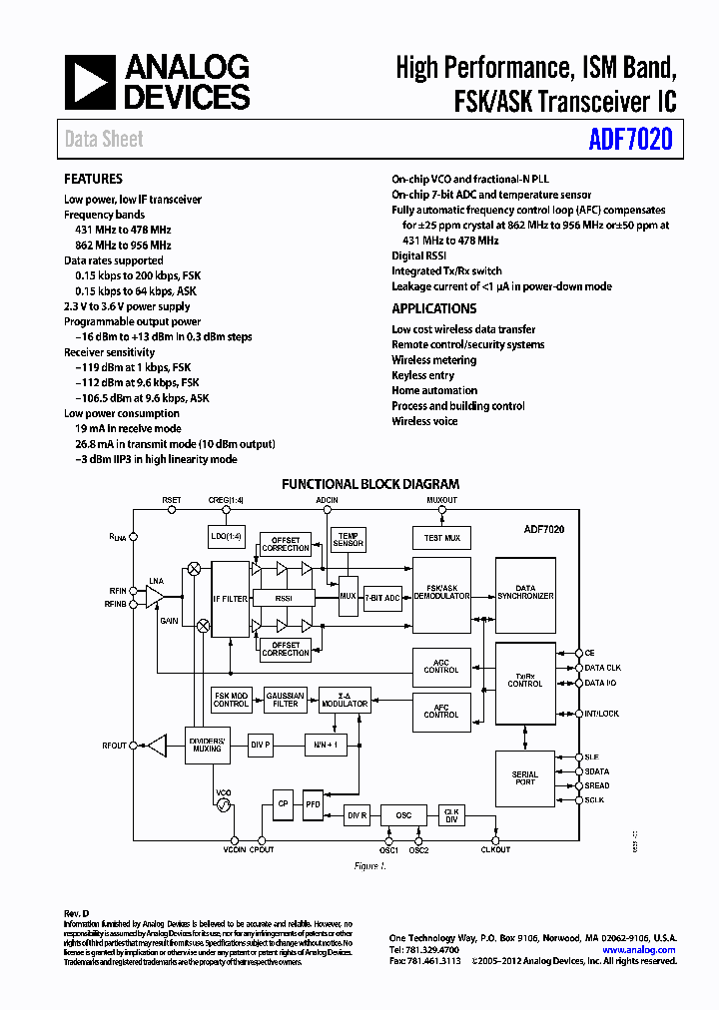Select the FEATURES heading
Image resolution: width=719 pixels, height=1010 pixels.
[x=94, y=180]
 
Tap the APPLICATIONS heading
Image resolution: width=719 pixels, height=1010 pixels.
[x=433, y=308]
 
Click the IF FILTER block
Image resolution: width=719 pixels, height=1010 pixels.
[x=230, y=599]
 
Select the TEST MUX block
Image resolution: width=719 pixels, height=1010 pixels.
[x=441, y=538]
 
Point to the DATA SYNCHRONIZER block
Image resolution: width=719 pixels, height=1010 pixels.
[x=525, y=594]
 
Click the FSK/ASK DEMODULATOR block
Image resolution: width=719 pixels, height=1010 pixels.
[x=441, y=595]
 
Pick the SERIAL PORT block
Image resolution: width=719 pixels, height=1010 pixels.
[x=525, y=778]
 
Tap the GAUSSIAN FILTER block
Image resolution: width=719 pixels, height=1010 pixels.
[x=286, y=700]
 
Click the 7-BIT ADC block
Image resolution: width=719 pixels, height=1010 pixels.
[x=381, y=597]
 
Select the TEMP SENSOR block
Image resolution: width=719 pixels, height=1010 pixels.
[x=349, y=539]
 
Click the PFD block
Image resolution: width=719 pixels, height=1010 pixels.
[x=314, y=805]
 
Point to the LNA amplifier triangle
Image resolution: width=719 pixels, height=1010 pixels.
[x=155, y=596]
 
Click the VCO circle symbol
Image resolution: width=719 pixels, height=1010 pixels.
[x=225, y=803]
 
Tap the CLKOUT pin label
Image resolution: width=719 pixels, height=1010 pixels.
[x=495, y=849]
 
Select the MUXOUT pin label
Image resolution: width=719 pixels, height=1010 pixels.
[x=441, y=499]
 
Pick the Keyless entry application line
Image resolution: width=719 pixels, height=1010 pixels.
[x=422, y=375]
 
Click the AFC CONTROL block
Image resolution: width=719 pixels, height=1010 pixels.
[x=441, y=712]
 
